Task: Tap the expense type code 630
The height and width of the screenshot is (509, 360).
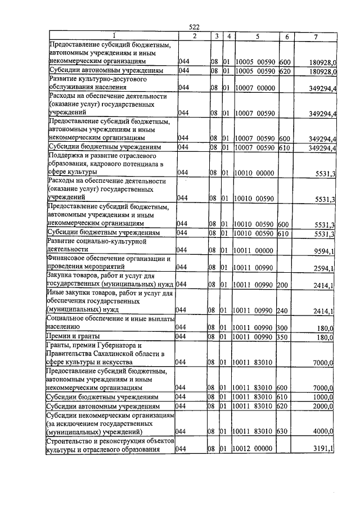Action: tap(283, 431)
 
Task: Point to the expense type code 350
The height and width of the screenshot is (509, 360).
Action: tap(283, 336)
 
